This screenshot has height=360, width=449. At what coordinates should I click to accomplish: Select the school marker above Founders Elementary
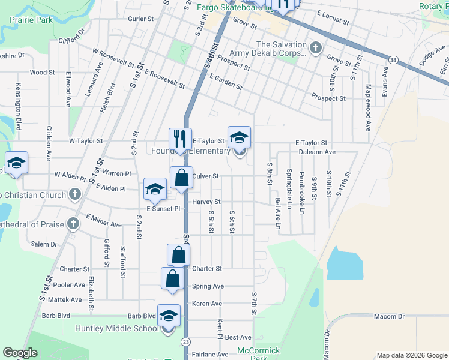click(239, 137)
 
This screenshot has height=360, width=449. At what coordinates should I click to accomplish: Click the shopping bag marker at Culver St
click(182, 178)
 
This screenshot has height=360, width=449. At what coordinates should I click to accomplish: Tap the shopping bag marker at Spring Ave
click(173, 278)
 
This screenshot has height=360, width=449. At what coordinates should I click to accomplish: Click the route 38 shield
click(393, 60)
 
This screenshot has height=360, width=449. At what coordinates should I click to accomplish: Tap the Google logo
click(20, 353)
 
